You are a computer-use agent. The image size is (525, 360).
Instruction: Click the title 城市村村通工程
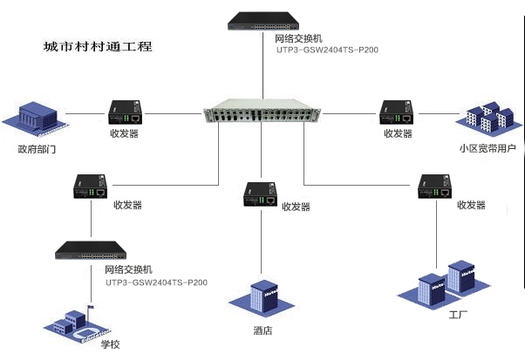tap(98, 46)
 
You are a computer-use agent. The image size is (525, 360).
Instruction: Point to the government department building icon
tap(36, 117)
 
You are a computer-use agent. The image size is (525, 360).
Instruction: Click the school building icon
tap(79, 323)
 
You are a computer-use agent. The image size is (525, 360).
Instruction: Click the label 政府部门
tap(37, 149)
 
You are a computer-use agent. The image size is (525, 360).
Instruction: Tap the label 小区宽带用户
tap(488, 148)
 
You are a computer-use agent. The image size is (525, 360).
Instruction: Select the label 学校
tap(110, 344)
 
